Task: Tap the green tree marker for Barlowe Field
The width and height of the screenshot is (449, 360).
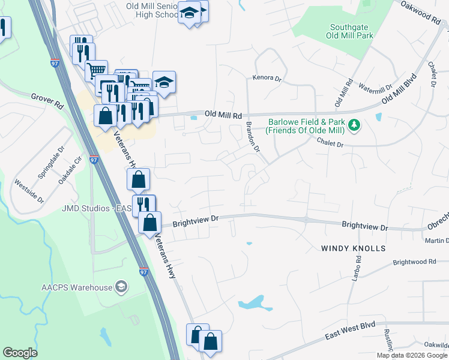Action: coord(355,125)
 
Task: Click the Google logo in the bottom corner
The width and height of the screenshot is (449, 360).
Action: coord(20,353)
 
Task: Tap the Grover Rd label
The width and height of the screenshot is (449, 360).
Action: coord(47,96)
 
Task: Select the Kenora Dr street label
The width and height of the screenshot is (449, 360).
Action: coord(267,79)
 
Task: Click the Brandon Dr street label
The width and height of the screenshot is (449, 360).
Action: coord(253,137)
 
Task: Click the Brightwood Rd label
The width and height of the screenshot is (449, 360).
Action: coord(414,262)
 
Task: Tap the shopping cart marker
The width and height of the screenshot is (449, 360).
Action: coord(96,71)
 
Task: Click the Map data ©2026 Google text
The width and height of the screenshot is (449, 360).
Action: coord(412,355)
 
